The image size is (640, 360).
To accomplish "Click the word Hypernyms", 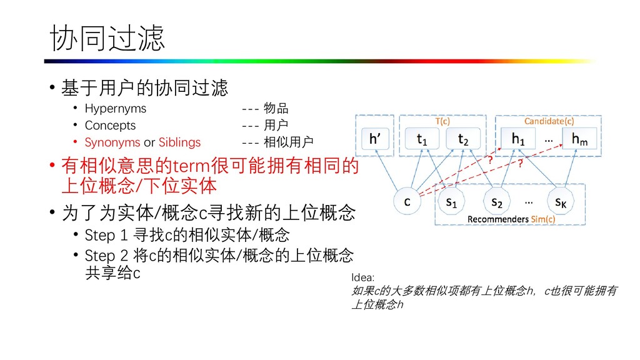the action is pyautogui.click(x=115, y=108).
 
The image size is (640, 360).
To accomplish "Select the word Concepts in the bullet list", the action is pyautogui.click(x=110, y=125).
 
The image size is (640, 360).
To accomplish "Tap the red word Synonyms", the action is pyautogui.click(x=112, y=142).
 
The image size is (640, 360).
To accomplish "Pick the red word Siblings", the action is pyautogui.click(x=179, y=142).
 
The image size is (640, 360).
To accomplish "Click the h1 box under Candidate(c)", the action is pyautogui.click(x=518, y=139).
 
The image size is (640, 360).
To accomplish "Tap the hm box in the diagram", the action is pyautogui.click(x=579, y=139).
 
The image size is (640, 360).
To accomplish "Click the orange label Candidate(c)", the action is pyautogui.click(x=549, y=121).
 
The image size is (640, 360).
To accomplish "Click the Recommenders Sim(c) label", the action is pyautogui.click(x=511, y=219).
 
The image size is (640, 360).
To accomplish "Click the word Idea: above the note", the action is pyautogui.click(x=363, y=277).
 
